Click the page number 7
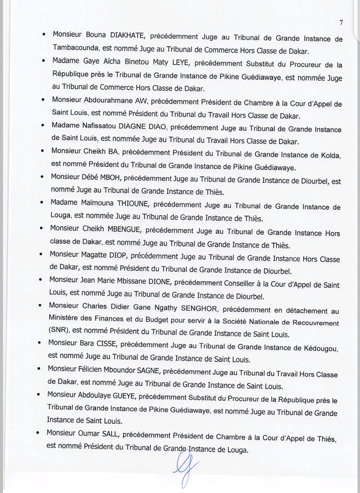(340, 23)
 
